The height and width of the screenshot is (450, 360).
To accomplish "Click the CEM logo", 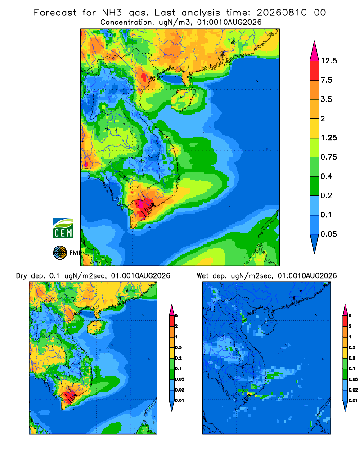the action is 63,228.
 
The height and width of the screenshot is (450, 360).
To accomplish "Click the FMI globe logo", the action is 60,252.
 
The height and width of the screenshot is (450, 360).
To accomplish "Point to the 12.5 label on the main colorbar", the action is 328,61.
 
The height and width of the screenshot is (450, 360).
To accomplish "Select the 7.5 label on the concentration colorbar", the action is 326,80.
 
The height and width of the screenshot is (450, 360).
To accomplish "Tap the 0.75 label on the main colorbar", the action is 328,157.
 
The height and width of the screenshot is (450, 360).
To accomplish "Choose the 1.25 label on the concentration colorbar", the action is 328,138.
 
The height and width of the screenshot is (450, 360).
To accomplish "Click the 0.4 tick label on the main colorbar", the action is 326,176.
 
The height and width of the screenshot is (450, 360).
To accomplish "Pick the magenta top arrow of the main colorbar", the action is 315,51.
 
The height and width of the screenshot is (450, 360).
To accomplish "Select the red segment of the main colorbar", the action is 315,71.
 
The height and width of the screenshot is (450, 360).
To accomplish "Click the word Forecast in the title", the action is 55,13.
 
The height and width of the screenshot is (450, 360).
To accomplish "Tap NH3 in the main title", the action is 112,13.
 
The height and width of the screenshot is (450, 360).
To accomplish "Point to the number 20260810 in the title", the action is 282,13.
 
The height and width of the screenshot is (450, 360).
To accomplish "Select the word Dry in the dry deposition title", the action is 21,276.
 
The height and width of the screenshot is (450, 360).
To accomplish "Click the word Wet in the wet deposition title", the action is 202,276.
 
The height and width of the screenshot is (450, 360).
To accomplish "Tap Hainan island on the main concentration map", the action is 183,99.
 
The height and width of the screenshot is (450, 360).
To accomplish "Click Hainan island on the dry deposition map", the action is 95,327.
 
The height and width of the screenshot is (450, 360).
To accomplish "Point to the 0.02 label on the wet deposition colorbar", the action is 353,390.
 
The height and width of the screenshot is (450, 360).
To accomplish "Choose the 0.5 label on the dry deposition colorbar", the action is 178,347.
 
